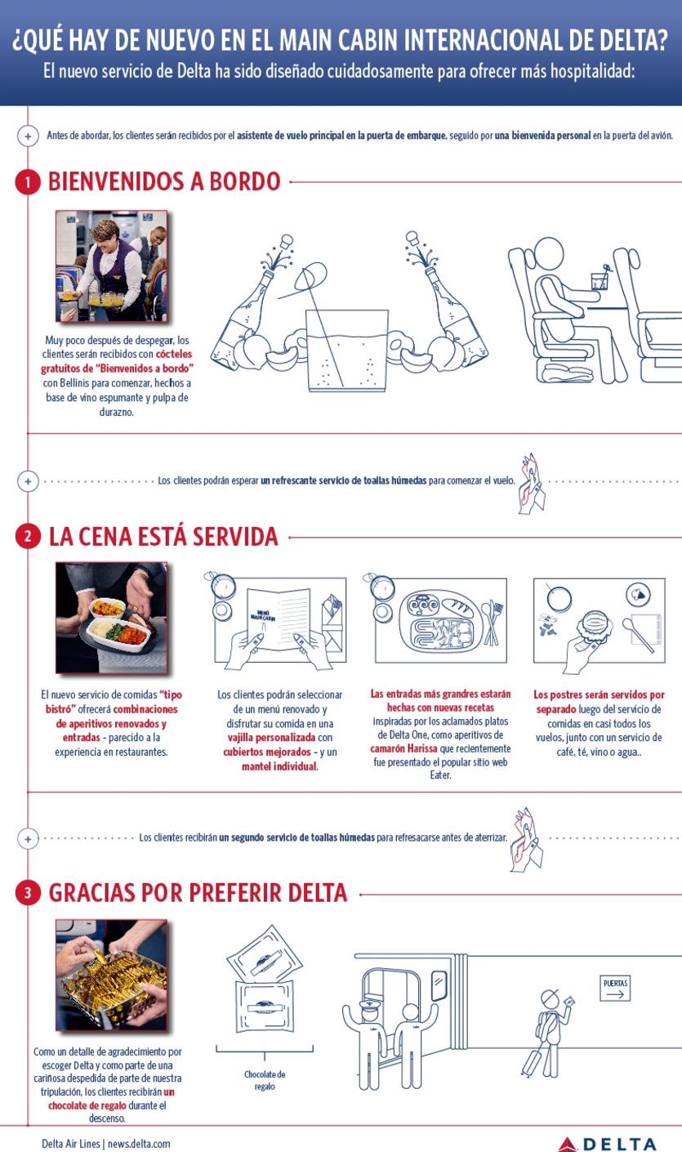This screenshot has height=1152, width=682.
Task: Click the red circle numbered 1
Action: (x=27, y=181)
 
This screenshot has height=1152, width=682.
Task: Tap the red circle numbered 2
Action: (x=28, y=537)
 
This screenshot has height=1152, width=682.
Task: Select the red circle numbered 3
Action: (x=28, y=893)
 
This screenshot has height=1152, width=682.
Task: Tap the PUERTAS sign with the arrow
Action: (x=615, y=988)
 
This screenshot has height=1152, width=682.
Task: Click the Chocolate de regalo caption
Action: (x=265, y=1080)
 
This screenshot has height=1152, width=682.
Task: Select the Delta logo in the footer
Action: (x=607, y=1144)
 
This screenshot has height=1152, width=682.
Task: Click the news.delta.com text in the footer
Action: (x=139, y=1143)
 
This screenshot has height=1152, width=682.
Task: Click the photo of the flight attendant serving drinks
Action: (x=112, y=266)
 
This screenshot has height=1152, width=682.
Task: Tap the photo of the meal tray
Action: (x=112, y=618)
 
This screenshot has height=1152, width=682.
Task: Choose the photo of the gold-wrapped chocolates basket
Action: (x=112, y=975)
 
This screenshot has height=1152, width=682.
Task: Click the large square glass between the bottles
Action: (x=347, y=351)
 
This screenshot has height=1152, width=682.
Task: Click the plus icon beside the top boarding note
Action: (x=28, y=136)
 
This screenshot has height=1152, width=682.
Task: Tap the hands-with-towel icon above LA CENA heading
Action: (x=532, y=483)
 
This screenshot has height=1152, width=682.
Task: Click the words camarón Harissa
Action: (x=403, y=748)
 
